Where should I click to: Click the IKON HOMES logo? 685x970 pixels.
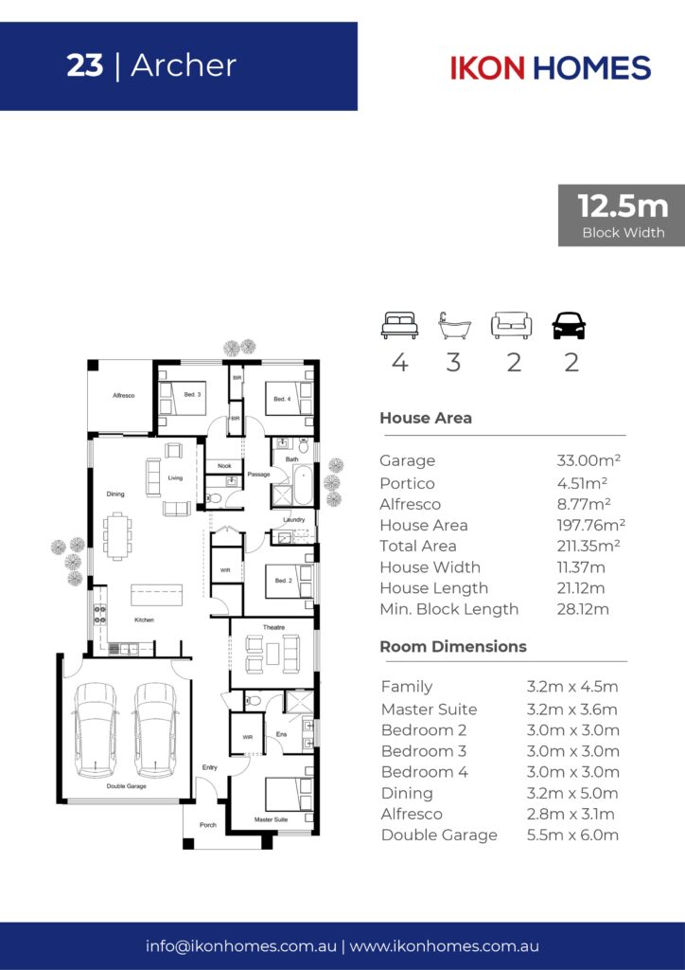(551, 67)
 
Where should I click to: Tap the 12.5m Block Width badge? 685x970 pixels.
(622, 215)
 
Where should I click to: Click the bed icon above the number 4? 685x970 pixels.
(399, 326)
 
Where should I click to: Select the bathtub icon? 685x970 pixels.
(454, 326)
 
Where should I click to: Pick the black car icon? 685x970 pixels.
(569, 326)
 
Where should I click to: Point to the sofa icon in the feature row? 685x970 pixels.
(512, 326)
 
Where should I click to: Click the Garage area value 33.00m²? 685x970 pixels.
(588, 460)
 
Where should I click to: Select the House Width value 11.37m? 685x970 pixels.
(581, 567)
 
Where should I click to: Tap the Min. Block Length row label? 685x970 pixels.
(449, 609)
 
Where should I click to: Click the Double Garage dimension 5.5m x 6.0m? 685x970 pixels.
(572, 835)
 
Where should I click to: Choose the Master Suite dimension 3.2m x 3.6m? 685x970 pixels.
(572, 710)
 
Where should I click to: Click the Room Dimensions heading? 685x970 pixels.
(453, 646)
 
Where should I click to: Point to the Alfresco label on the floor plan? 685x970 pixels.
(124, 395)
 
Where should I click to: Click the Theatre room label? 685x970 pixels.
(273, 627)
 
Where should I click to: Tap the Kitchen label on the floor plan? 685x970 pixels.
(144, 620)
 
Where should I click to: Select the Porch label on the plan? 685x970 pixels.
(208, 825)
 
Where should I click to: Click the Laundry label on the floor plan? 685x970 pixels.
(294, 520)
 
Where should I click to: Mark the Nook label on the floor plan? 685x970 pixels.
(225, 466)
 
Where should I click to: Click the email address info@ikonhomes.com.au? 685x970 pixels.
(241, 946)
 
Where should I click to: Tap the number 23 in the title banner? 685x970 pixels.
(84, 65)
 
